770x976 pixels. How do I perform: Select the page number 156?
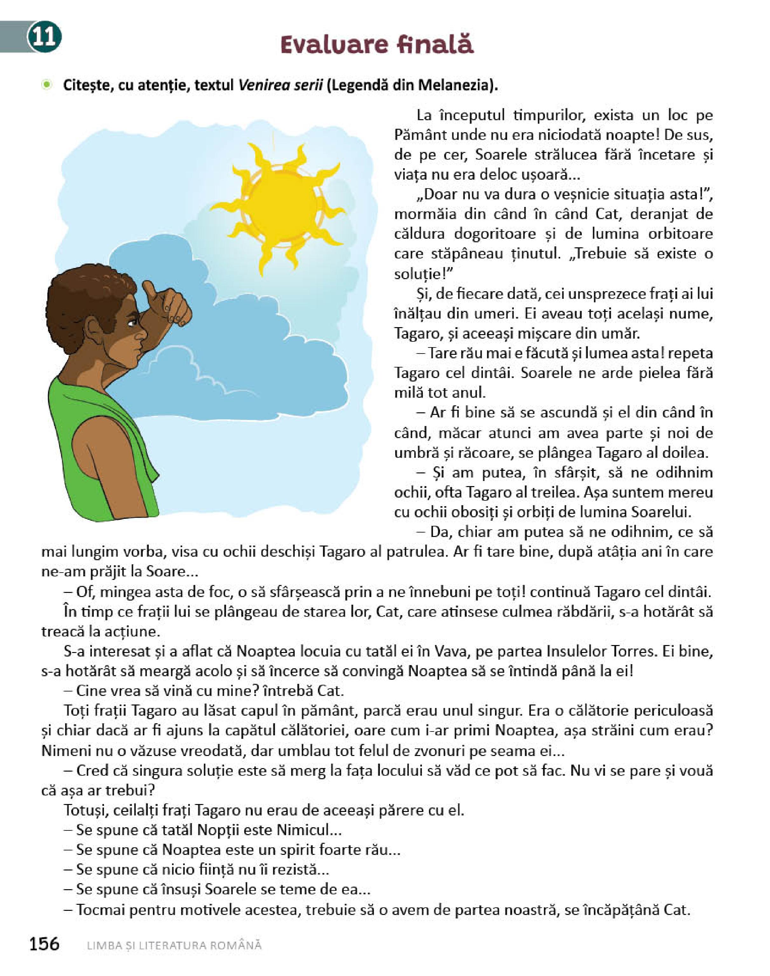pos(44,943)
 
